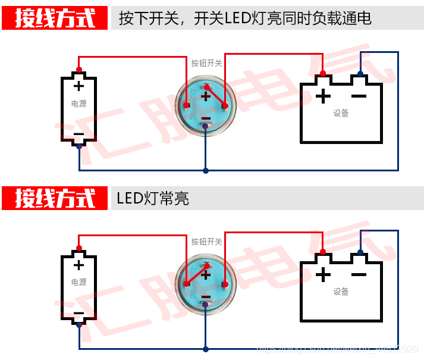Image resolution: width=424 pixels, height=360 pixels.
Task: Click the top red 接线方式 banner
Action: click(x=55, y=18)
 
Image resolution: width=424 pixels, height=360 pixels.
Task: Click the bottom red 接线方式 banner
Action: click(x=55, y=198)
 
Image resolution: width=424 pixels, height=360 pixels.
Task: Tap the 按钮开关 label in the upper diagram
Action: click(x=206, y=62)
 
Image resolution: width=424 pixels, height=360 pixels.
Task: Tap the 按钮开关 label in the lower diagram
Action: click(x=206, y=242)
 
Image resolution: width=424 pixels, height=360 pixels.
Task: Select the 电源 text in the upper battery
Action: click(x=78, y=103)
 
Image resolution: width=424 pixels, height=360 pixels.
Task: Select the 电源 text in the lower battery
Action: click(x=78, y=282)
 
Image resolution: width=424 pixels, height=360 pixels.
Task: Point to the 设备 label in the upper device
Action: click(x=341, y=112)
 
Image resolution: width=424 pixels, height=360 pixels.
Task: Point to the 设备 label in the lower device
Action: click(x=341, y=292)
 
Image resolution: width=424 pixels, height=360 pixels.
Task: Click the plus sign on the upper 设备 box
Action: click(x=322, y=95)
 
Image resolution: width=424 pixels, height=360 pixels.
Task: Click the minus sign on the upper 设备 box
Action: click(x=359, y=95)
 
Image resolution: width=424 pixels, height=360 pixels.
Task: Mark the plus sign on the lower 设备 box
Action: click(x=322, y=274)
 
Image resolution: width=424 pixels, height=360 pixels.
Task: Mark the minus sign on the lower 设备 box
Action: click(x=359, y=274)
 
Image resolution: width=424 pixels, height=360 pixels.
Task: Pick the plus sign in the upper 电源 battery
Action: click(x=78, y=86)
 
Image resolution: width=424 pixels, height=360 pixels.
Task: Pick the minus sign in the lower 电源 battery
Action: click(x=78, y=313)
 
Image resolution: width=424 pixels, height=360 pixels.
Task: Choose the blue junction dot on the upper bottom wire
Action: click(x=206, y=171)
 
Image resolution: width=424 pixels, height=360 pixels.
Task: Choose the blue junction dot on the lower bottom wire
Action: click(x=206, y=349)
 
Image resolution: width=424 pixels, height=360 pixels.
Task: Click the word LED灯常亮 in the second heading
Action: click(x=153, y=199)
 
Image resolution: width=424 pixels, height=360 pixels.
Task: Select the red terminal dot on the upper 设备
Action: click(x=323, y=73)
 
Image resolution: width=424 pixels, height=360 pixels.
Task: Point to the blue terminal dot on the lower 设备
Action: click(x=360, y=252)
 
